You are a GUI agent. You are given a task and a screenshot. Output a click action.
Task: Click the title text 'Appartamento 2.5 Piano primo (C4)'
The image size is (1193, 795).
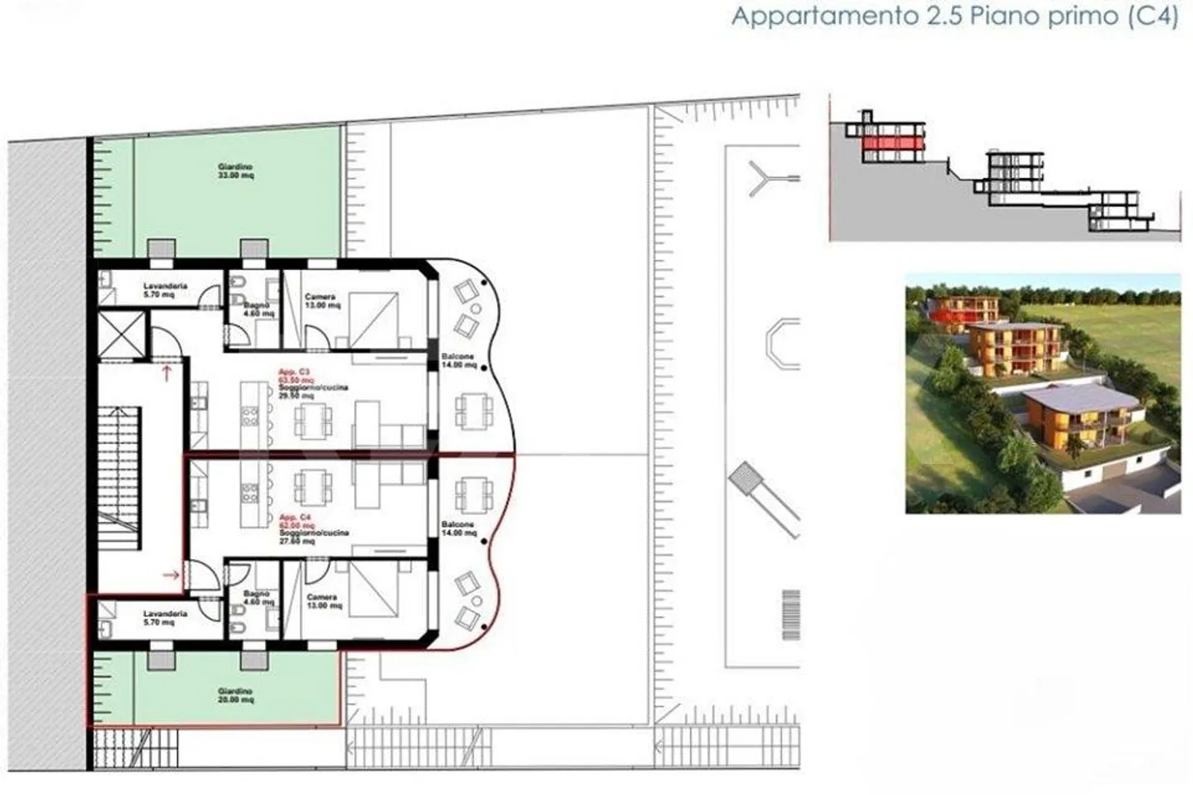(x=954, y=17)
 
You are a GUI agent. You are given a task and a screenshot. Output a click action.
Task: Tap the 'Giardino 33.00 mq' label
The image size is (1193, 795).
(x=235, y=171)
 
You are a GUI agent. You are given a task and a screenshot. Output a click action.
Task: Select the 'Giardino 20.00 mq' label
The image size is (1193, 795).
(x=235, y=696)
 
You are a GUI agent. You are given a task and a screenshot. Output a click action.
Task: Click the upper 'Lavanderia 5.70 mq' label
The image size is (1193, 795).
(x=165, y=290)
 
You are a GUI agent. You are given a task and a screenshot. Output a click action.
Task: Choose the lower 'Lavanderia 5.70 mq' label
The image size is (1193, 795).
(x=165, y=618)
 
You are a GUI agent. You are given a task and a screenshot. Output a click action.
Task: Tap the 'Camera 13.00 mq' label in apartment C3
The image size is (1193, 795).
(x=321, y=301)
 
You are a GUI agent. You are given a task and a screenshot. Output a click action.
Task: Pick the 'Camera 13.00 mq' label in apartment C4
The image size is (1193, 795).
(x=323, y=601)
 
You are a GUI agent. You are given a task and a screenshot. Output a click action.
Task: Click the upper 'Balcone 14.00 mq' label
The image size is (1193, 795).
(x=458, y=360)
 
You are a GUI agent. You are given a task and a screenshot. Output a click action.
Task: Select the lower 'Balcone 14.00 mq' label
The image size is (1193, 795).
(x=458, y=529)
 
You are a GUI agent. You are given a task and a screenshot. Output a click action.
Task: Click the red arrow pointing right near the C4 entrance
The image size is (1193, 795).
(x=172, y=574)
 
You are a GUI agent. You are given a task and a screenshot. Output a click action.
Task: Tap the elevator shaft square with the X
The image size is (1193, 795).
(x=122, y=335)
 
